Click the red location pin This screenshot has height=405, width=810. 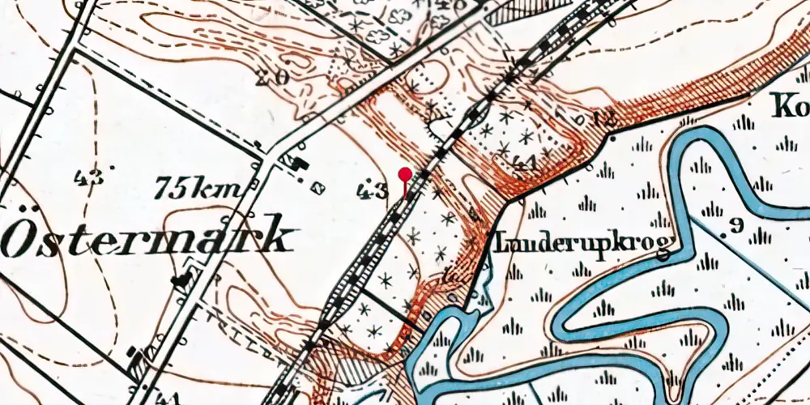click(404, 180)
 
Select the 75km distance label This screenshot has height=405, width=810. click(198, 190)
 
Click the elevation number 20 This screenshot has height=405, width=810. click(271, 79)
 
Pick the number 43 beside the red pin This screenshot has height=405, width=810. click(373, 192)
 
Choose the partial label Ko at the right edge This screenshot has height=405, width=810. click(789, 106)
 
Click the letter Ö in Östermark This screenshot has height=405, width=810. click(21, 237)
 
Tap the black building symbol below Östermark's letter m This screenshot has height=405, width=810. click(181, 281)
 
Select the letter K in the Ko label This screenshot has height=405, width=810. click(781, 106)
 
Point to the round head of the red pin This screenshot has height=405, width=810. click(404, 173)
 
